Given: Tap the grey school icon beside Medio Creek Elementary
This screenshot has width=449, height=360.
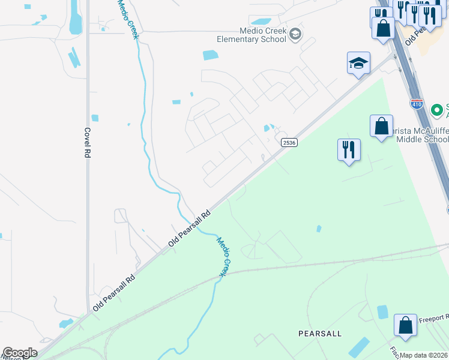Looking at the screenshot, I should point(295,34).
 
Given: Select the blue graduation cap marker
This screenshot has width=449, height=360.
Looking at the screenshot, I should point(358,63).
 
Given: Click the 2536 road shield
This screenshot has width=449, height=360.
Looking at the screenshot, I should point(286,142).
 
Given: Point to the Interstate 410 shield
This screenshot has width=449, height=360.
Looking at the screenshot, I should point(417,104).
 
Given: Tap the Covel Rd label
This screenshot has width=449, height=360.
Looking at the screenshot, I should point(88,142).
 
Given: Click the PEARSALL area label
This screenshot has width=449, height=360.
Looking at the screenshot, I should point(320,333).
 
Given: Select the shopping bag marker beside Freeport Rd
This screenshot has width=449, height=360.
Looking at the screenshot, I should point(405,325).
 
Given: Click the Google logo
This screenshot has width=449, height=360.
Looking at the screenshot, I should point(20,353).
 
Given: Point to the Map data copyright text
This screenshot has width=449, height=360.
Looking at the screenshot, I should point(424,355).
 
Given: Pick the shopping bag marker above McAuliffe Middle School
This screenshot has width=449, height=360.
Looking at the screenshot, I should point(381,127).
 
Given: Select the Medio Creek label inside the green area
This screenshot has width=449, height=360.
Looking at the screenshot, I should point(223,256).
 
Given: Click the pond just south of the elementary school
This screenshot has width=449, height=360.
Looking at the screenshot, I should point(211,55).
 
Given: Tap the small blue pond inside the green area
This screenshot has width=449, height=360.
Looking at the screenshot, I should point(319,229).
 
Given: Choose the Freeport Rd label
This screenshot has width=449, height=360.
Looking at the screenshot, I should point(433,318).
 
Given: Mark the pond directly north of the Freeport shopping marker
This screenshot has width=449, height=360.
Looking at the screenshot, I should point(382,311).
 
